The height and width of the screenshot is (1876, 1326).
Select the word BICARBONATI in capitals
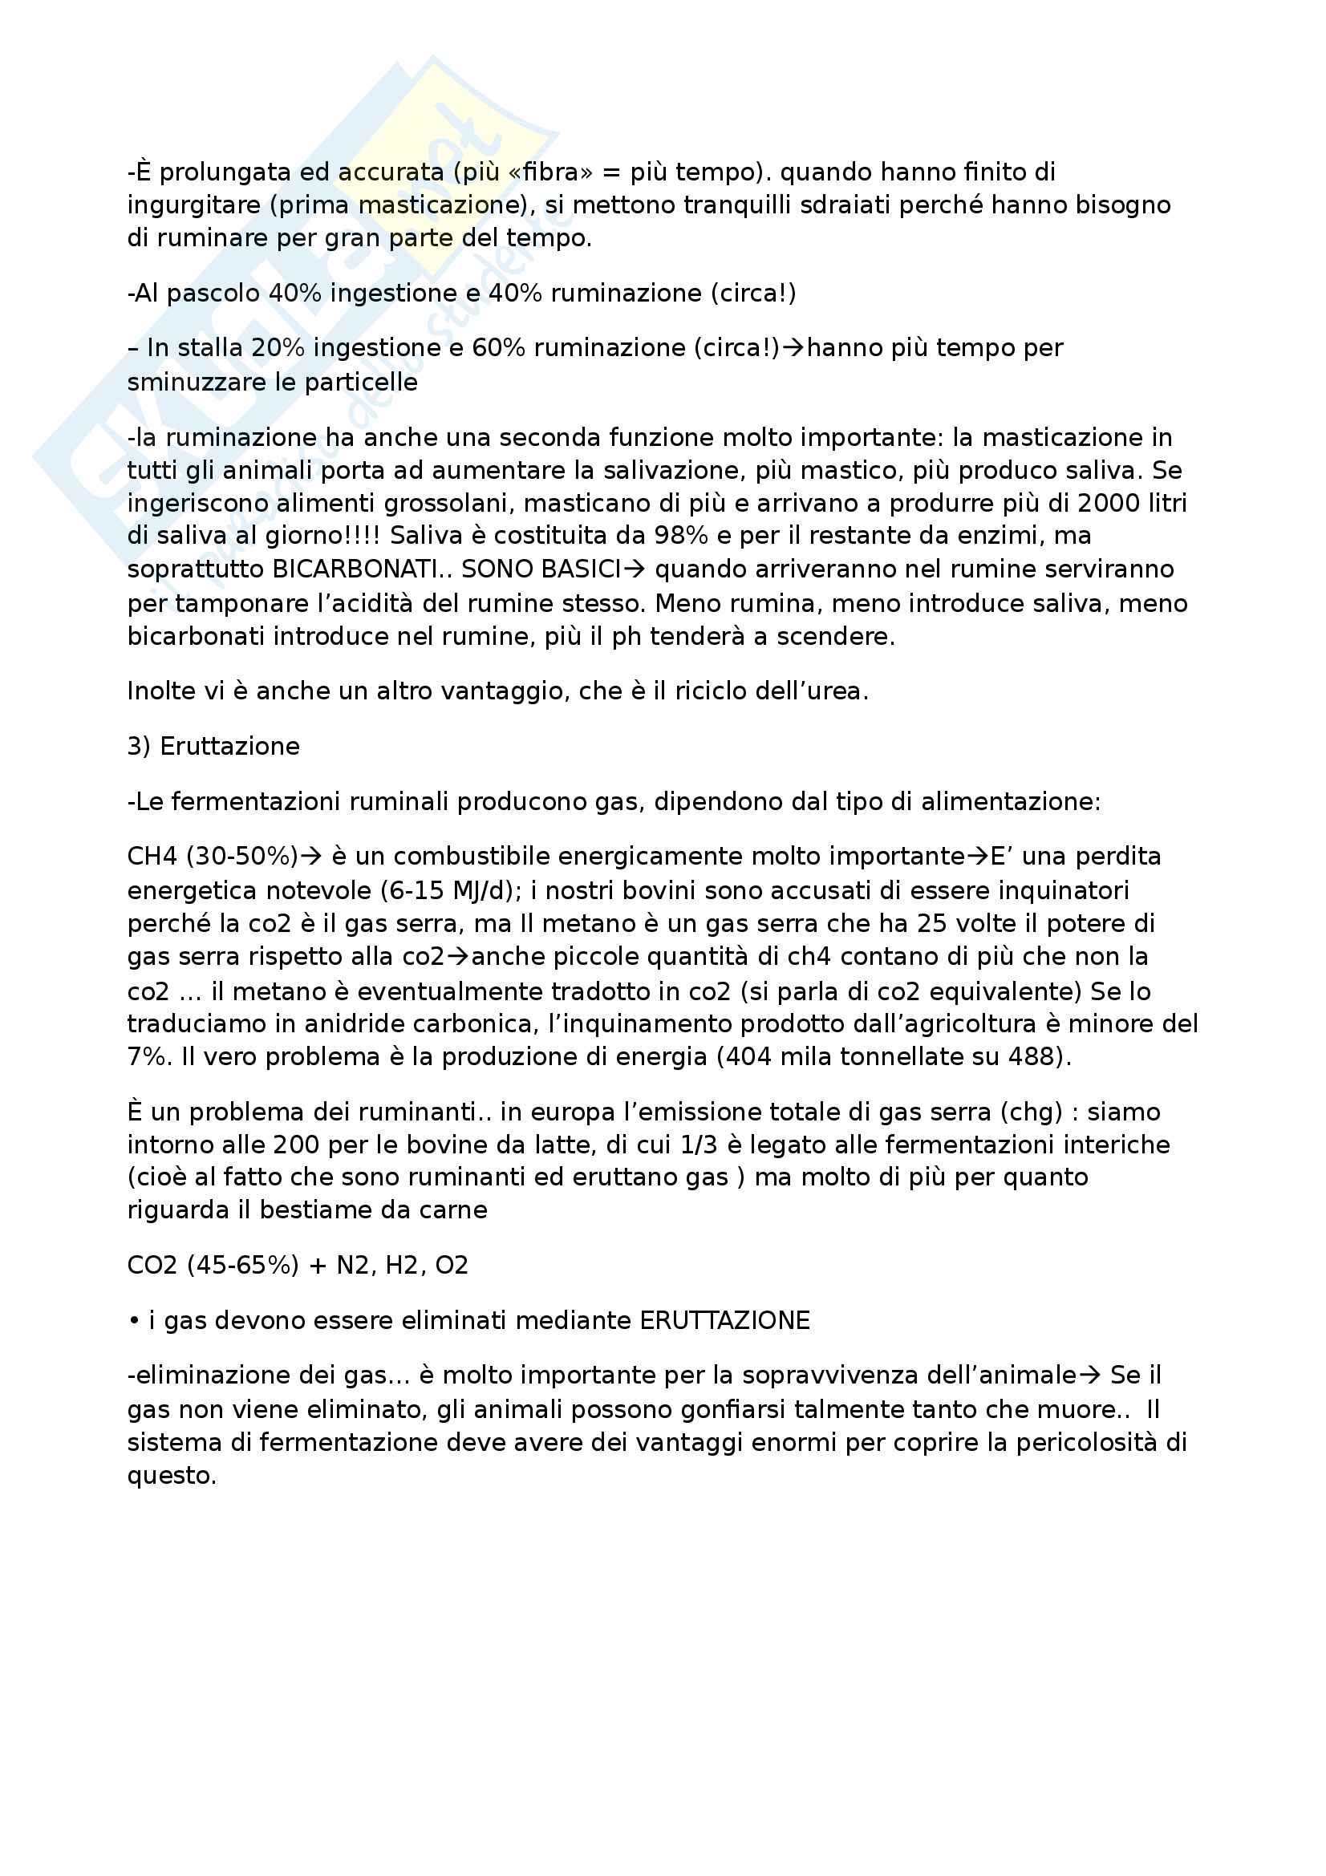click(x=355, y=569)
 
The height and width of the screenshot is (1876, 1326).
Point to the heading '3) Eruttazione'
click(x=213, y=747)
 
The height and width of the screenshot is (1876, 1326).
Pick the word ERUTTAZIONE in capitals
click(x=724, y=1321)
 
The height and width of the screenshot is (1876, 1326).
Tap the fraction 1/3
click(x=698, y=1145)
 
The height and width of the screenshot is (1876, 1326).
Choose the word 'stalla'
click(x=210, y=348)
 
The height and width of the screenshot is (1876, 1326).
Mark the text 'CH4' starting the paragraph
click(x=152, y=857)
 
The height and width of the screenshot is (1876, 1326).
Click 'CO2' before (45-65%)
click(x=152, y=1266)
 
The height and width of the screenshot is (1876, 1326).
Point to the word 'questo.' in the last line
click(x=172, y=1476)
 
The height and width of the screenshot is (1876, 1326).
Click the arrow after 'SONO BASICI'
click(x=635, y=569)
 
